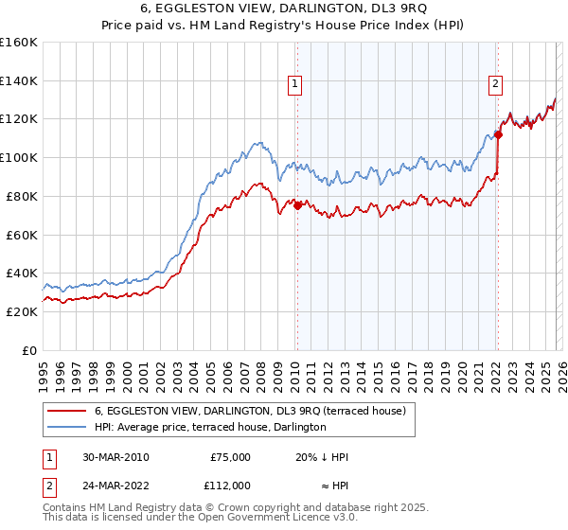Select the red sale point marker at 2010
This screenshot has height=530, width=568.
(x=297, y=204)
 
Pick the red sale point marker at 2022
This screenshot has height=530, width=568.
(x=498, y=133)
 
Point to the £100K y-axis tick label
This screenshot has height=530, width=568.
(x=18, y=157)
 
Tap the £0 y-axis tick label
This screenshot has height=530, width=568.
(x=28, y=350)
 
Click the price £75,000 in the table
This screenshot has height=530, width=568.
(x=230, y=458)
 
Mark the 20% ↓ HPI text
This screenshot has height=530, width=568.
(x=321, y=458)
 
